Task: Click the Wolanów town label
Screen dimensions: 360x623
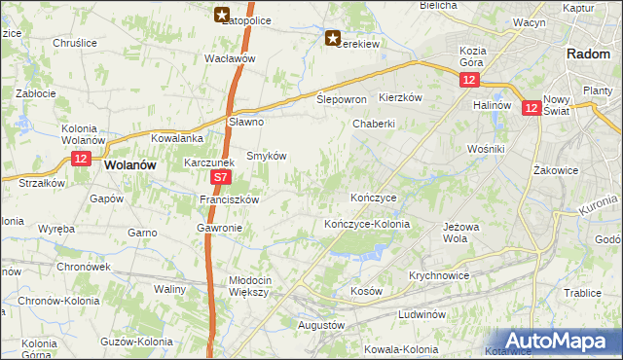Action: pos(130,165)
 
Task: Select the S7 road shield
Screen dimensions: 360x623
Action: pos(221,179)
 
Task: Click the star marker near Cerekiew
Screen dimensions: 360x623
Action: pos(333,39)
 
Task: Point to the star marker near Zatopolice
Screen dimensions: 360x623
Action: pos(222,15)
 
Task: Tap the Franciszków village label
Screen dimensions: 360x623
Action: pos(228,199)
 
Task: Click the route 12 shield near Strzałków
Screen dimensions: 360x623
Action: pos(80,159)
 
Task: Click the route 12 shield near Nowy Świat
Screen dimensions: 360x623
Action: pos(531,109)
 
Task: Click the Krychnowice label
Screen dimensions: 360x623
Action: pos(440,275)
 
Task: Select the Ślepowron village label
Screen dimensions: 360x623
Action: pos(342,100)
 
